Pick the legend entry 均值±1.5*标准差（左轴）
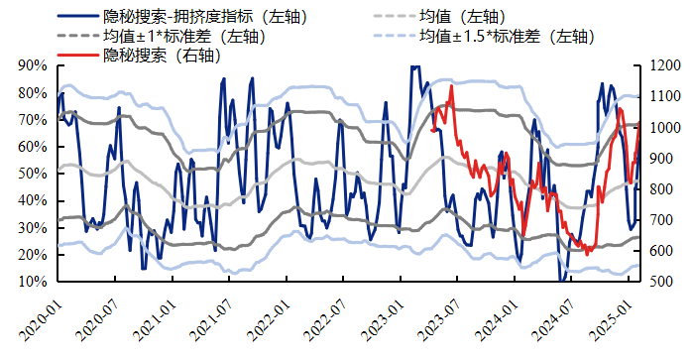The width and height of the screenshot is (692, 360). pos(505,37)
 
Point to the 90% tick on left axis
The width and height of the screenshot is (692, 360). pos(33,65)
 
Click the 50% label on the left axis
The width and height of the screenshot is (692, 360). pos(33,174)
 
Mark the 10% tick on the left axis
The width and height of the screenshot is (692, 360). pos(33,282)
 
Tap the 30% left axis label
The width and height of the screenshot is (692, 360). pos(33,228)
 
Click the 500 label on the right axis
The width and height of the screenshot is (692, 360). pos(660,282)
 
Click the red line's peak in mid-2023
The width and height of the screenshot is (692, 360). pos(452,86)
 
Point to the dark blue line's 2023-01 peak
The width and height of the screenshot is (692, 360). pos(414,67)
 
